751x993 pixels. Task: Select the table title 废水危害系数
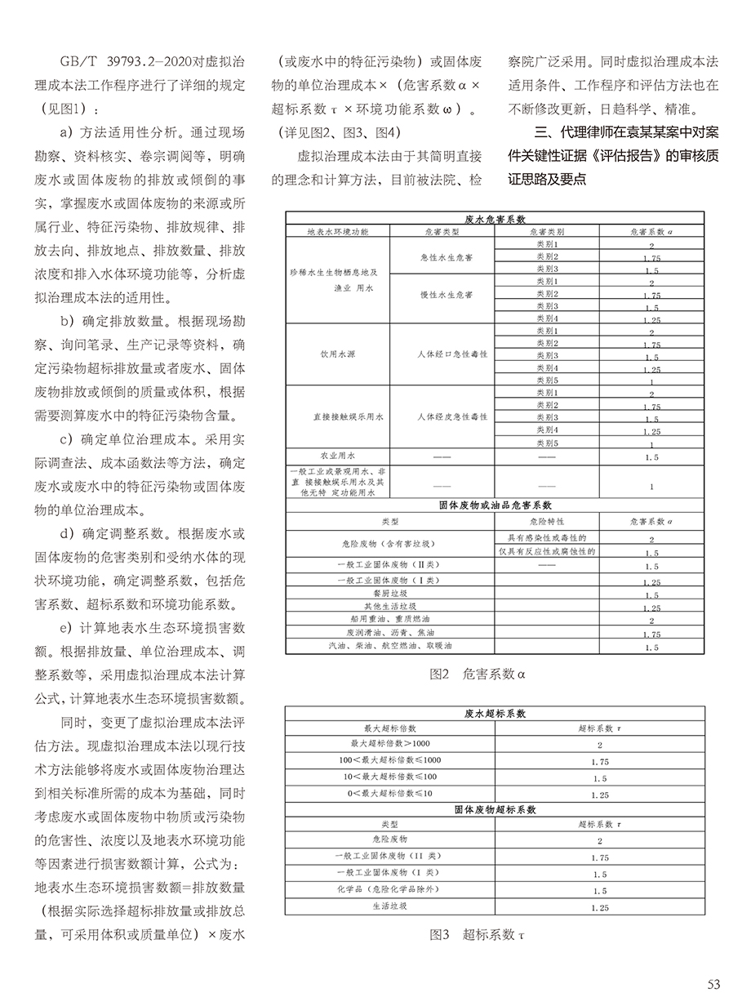pos(495,219)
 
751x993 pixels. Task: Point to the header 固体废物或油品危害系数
pos(495,505)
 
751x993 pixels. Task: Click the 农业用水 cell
pos(337,456)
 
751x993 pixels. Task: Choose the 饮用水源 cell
pos(337,354)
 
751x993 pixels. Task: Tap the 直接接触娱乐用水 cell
pos(337,416)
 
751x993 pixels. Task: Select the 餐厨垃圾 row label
pos(389,594)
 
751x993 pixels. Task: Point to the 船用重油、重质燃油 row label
pos(389,620)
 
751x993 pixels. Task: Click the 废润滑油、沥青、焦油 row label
pos(389,633)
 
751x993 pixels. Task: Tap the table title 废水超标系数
pos(495,713)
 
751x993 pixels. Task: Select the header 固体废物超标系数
pos(495,810)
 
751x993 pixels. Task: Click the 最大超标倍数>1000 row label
pos(389,743)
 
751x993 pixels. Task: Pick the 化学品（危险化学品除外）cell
pos(389,890)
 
